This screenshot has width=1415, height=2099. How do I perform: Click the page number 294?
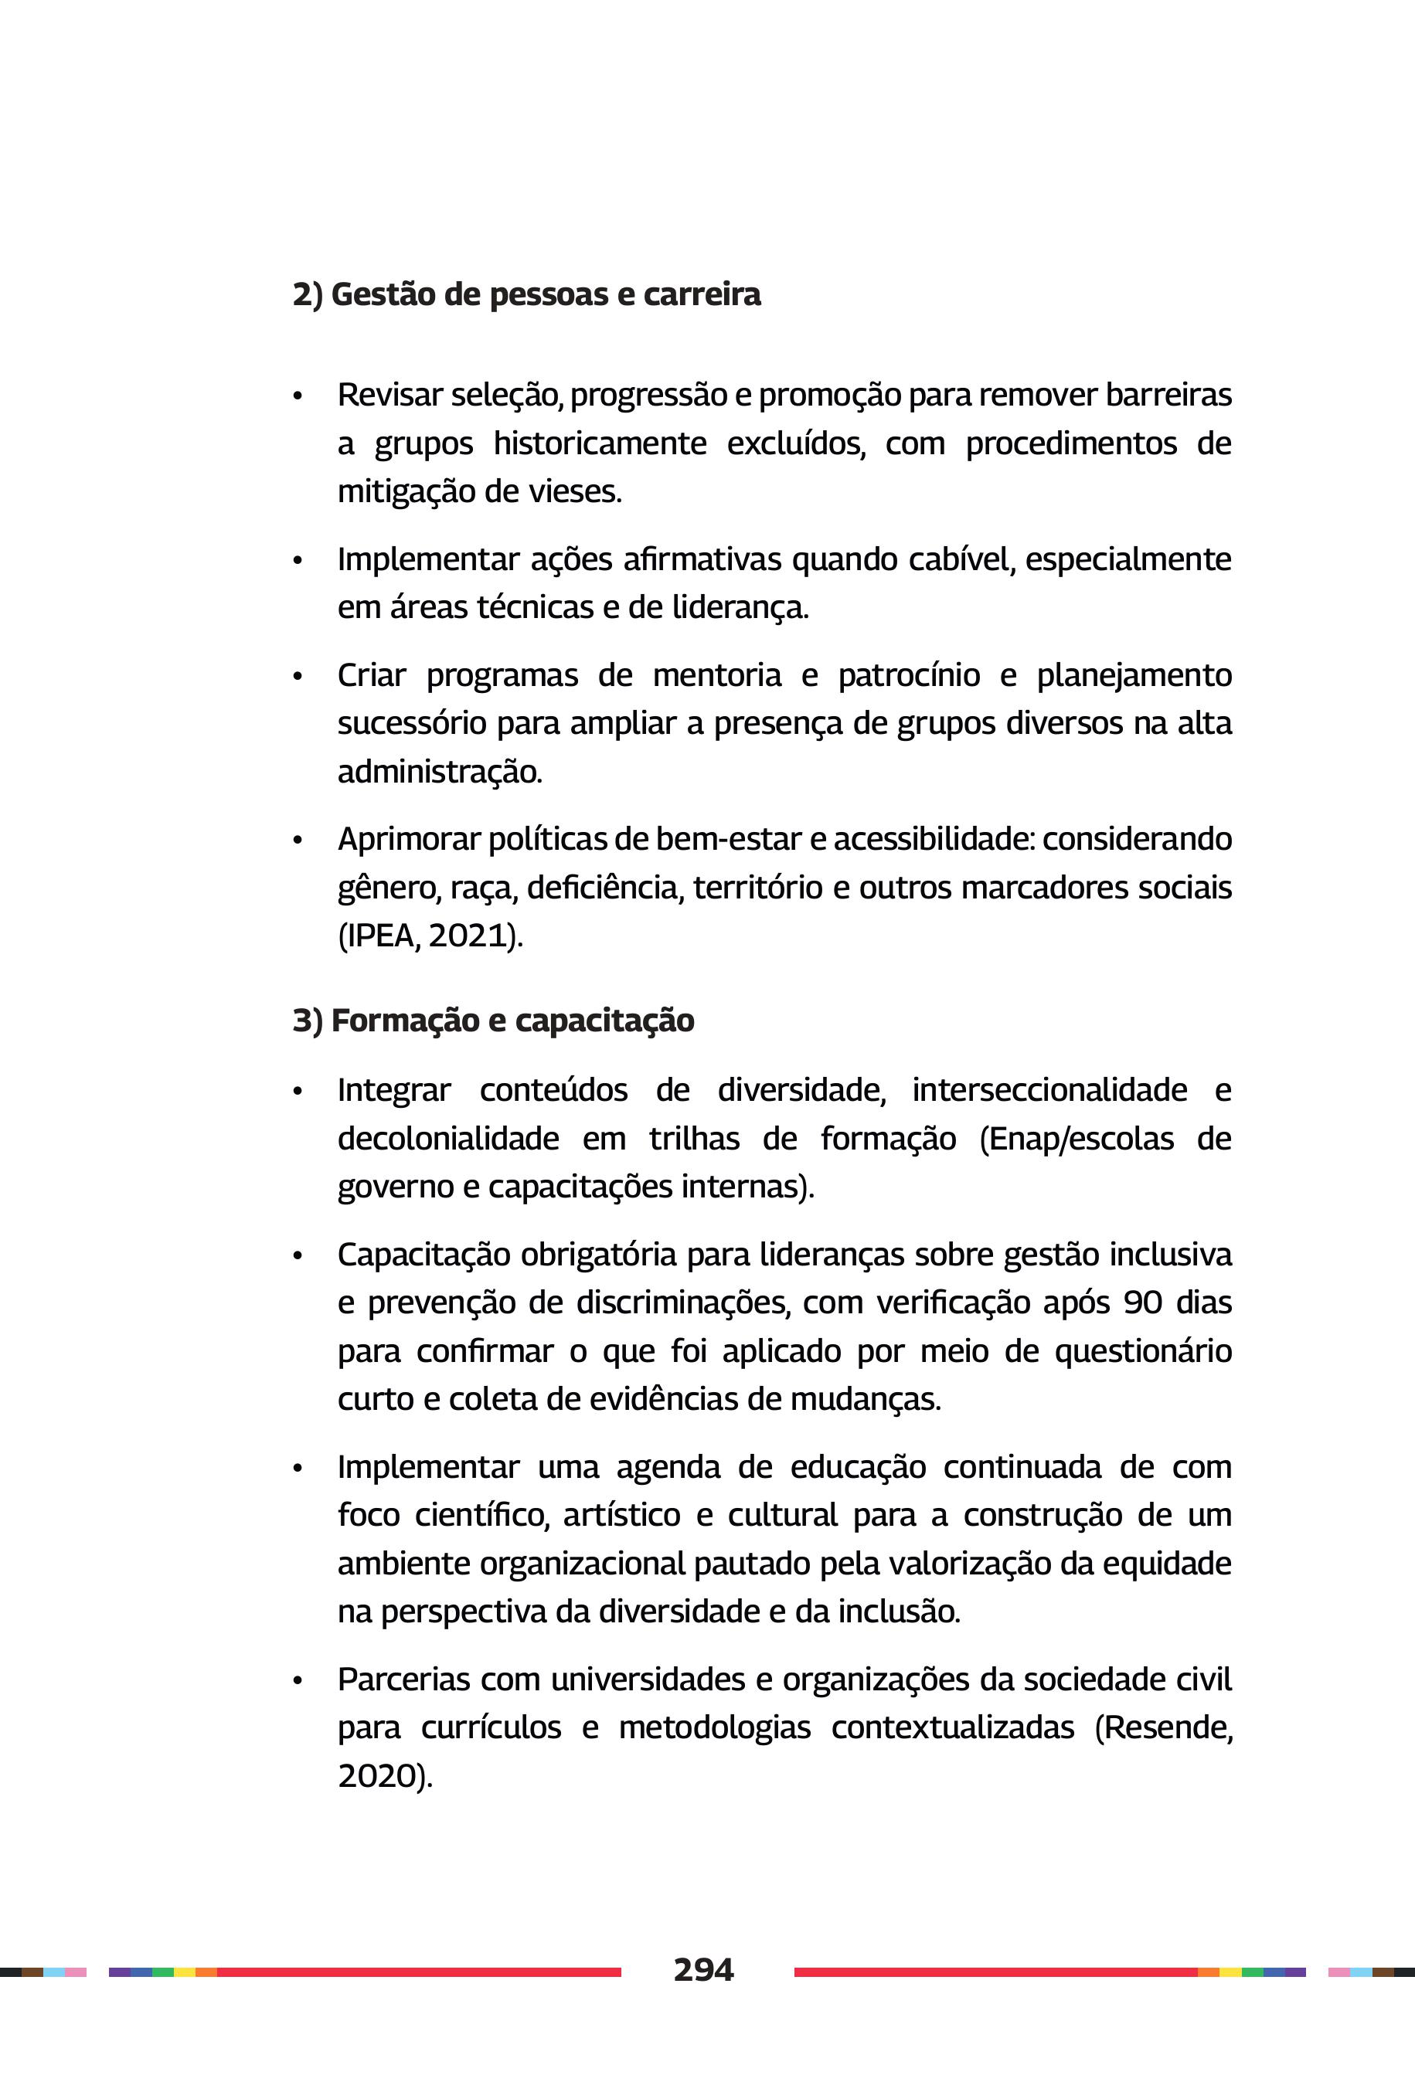point(703,1969)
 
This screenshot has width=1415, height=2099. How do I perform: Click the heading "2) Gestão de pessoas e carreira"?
point(526,295)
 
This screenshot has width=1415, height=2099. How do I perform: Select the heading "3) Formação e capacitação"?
point(493,1021)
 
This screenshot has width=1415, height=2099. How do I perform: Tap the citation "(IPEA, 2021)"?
point(430,936)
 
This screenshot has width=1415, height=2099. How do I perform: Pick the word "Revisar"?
point(389,395)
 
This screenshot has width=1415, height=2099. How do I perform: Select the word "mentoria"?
point(716,676)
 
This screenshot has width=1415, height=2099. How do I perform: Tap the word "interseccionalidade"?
point(1049,1089)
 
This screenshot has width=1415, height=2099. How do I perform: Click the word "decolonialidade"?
point(447,1139)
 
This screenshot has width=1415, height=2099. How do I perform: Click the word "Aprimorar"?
point(409,840)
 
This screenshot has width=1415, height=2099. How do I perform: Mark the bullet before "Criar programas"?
point(297,677)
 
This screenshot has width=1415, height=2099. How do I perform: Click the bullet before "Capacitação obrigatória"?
point(297,1256)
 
